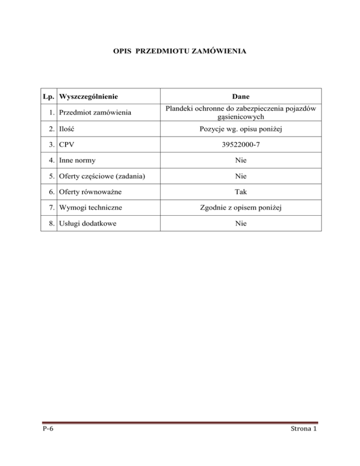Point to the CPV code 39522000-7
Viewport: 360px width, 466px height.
(241, 145)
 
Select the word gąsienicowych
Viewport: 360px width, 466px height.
(241, 117)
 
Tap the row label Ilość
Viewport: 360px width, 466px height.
(67, 129)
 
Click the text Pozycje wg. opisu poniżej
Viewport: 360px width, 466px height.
(241, 129)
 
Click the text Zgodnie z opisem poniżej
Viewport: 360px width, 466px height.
(241, 207)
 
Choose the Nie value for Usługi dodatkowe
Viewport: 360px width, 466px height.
(241, 224)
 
